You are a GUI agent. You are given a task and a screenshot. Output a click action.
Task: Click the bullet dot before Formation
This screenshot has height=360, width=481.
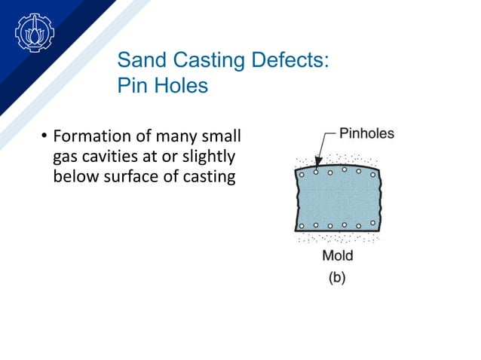(x=44, y=137)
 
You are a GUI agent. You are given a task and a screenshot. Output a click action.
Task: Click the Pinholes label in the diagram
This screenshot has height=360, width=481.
(x=366, y=134)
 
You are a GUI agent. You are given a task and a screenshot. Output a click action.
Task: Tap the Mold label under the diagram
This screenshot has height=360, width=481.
(x=337, y=255)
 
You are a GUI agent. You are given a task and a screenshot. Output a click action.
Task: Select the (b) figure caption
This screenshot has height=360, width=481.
(x=336, y=277)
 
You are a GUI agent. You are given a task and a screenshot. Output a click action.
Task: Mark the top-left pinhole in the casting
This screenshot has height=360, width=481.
(x=302, y=174)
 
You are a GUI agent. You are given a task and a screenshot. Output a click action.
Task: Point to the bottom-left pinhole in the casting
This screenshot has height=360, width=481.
(x=302, y=225)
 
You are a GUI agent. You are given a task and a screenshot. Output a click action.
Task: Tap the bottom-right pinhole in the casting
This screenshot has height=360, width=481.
(x=371, y=224)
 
